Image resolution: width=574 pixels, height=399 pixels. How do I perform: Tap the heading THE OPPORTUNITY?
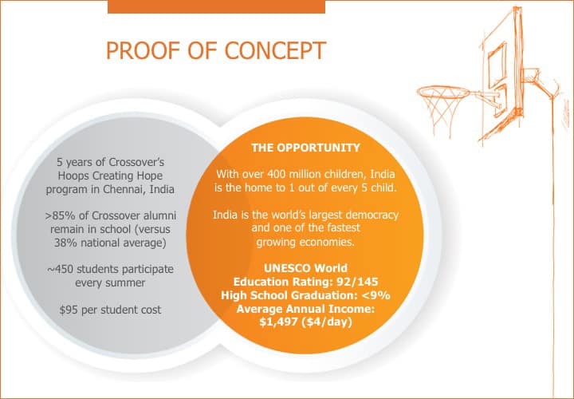[x=305, y=148]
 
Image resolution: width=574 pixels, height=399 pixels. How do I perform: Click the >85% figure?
[x=61, y=215]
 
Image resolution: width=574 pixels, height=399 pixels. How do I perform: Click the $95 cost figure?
[x=69, y=310]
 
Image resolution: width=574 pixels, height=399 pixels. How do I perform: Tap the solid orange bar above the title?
[x=216, y=7]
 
